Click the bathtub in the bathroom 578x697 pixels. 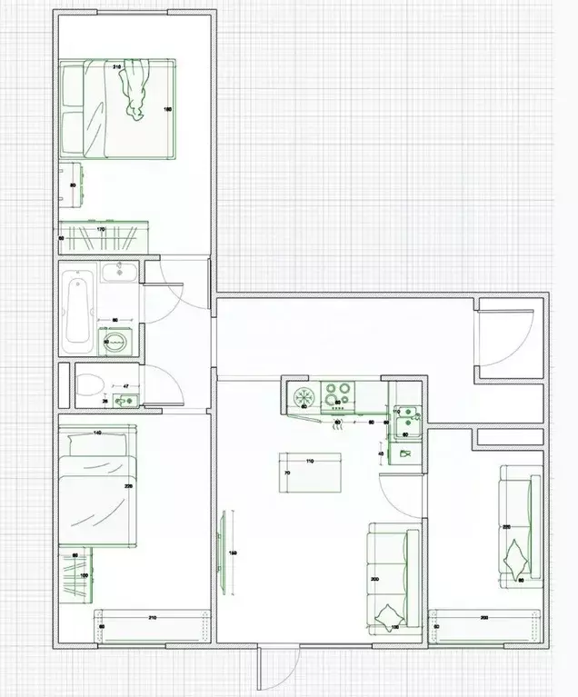(78, 307)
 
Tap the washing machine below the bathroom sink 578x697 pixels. (115, 342)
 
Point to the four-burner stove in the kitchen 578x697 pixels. (336, 394)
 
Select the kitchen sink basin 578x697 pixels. (406, 418)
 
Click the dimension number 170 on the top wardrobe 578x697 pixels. (101, 230)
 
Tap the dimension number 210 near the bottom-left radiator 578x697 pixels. (152, 618)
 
